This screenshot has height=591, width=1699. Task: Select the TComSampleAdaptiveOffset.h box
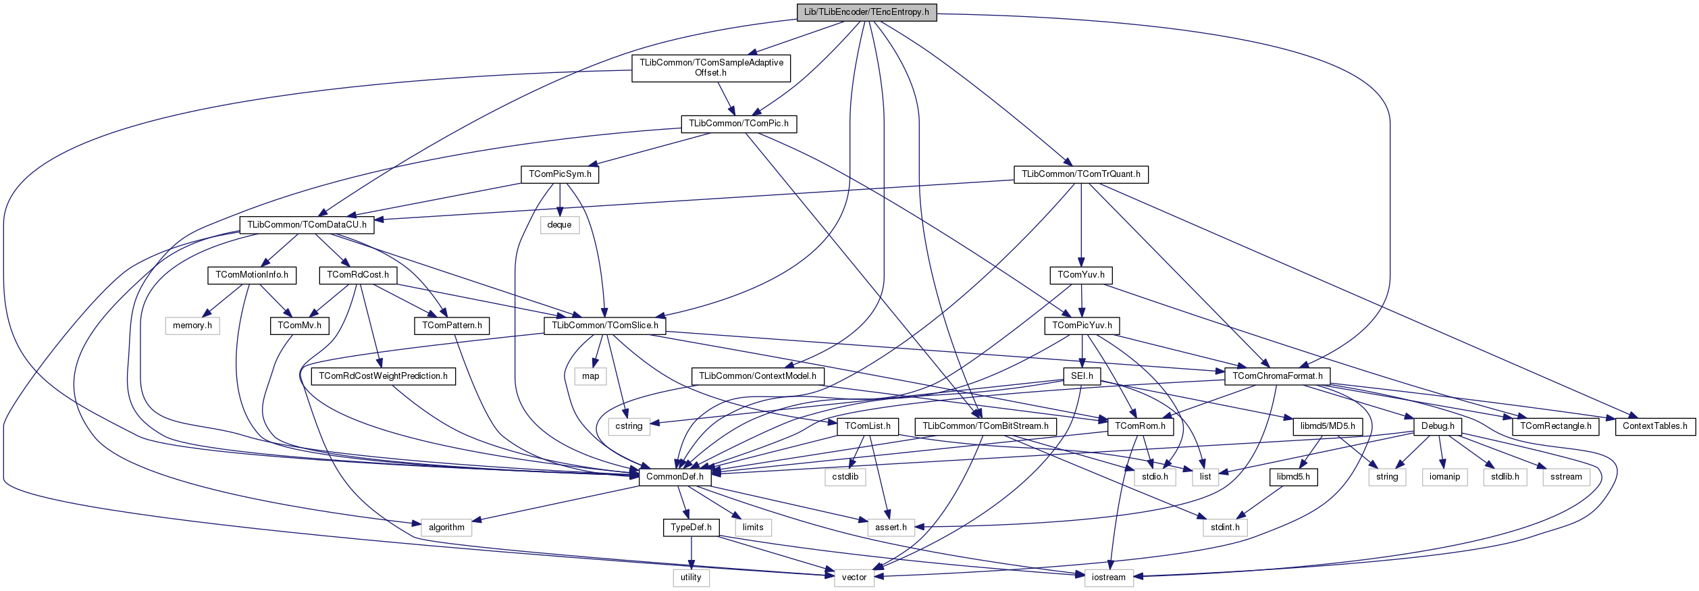pyautogui.click(x=711, y=68)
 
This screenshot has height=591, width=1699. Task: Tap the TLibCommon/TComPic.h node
pyautogui.click(x=739, y=124)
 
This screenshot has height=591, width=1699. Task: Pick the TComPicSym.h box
pyautogui.click(x=560, y=174)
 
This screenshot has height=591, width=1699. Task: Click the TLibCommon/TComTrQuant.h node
pyautogui.click(x=1080, y=174)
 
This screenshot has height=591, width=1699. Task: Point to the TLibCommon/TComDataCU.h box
pyautogui.click(x=307, y=225)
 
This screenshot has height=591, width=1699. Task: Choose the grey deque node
pyautogui.click(x=559, y=225)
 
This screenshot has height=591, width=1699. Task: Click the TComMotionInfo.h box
pyautogui.click(x=251, y=275)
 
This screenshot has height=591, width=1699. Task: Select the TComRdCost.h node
pyautogui.click(x=358, y=275)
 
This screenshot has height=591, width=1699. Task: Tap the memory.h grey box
pyautogui.click(x=192, y=326)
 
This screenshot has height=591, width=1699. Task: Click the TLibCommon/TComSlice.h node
pyautogui.click(x=605, y=326)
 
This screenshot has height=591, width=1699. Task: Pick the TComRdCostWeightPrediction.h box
pyautogui.click(x=383, y=376)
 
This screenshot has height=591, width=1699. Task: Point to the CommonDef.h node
pyautogui.click(x=675, y=477)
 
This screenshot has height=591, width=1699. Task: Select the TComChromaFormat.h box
pyautogui.click(x=1277, y=376)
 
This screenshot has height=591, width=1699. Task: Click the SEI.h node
pyautogui.click(x=1082, y=376)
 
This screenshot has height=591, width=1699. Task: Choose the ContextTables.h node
pyautogui.click(x=1654, y=426)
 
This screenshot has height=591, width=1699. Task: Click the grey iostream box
pyautogui.click(x=1109, y=577)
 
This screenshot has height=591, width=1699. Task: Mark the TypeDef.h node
pyautogui.click(x=691, y=528)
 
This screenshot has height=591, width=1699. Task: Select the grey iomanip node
pyautogui.click(x=1444, y=477)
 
